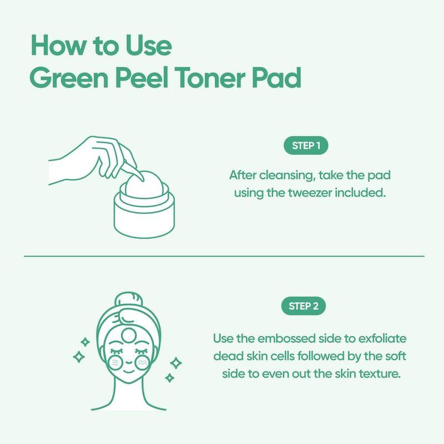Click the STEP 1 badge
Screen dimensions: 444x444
306,147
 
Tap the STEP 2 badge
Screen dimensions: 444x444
306,306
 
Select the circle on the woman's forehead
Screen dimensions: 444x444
128,335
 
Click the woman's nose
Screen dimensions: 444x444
128,361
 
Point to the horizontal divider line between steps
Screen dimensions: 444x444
222,256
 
